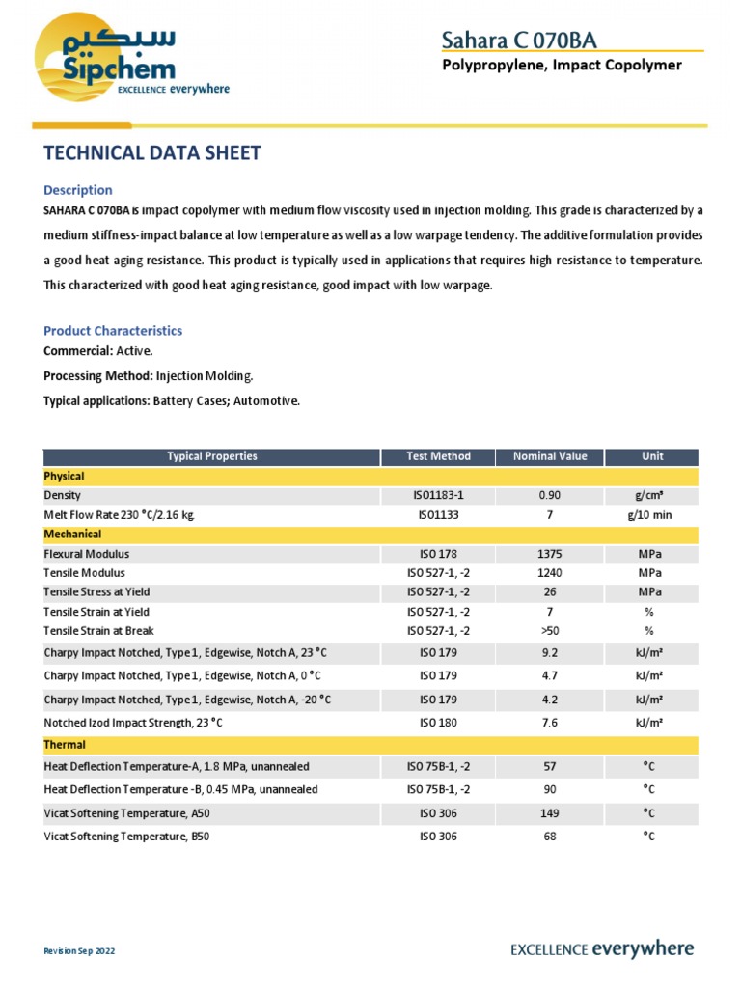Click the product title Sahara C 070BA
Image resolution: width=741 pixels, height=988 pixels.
coord(518,39)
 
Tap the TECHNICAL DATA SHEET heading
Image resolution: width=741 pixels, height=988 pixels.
coord(152,152)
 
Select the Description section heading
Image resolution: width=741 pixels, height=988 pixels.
coord(78,190)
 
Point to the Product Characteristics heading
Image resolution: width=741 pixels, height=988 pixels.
coord(113,330)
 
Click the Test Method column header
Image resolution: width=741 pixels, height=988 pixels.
coord(439,456)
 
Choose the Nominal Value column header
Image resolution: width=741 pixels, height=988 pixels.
coord(549,456)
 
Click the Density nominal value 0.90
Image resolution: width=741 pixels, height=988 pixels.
coord(549,495)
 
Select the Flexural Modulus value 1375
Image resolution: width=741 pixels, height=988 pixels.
coord(549,554)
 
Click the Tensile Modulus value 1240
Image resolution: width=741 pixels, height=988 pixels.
coord(549,573)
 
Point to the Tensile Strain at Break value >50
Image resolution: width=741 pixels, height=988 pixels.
coord(549,631)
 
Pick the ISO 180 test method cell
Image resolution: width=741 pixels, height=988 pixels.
coord(439,722)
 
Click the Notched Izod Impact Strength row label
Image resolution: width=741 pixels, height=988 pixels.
coord(138,722)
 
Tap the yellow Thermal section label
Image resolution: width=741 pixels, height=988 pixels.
coord(65,745)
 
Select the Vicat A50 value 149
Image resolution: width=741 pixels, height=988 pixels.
coord(549,813)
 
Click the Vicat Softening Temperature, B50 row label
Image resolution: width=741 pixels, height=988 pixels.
coord(126,837)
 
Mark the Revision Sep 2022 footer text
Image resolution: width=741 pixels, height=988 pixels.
coord(79,951)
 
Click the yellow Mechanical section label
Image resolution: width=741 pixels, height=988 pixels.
coord(72,534)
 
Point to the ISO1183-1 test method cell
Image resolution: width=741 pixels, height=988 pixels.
coord(439,495)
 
